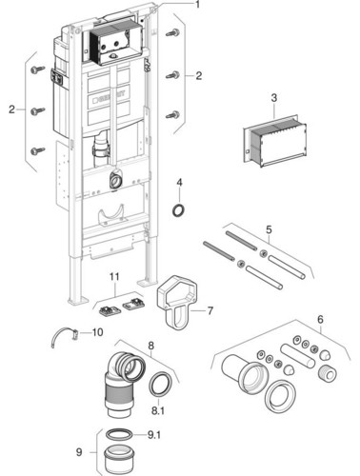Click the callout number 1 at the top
pyautogui.click(x=197, y=5)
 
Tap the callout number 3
pyautogui.click(x=273, y=98)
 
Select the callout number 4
pyautogui.click(x=179, y=183)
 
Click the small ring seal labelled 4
pyautogui.click(x=179, y=210)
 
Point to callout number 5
pyautogui.click(x=269, y=229)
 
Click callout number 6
pyautogui.click(x=320, y=319)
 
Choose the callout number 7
pyautogui.click(x=210, y=310)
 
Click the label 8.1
pyautogui.click(x=158, y=411)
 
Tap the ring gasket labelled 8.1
pyautogui.click(x=161, y=384)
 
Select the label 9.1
pyautogui.click(x=154, y=435)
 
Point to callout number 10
pyautogui.click(x=97, y=332)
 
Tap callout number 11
pyautogui.click(x=114, y=277)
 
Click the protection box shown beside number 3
pyautogui.click(x=274, y=140)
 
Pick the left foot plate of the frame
pyautogui.click(x=76, y=301)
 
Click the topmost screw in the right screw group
pyautogui.click(x=172, y=32)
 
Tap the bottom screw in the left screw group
pyautogui.click(x=38, y=150)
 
